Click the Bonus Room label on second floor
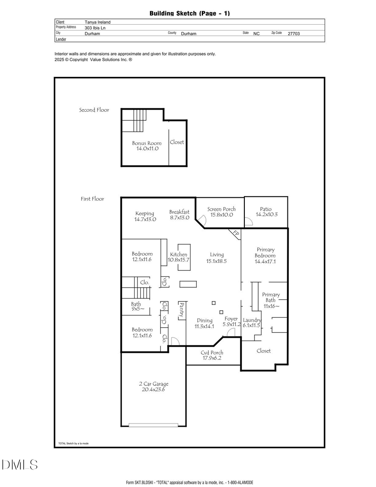147,143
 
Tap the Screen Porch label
221,209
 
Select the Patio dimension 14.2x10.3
266,214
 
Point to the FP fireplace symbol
235,234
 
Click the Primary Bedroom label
265,252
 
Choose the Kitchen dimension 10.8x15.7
178,260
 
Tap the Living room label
217,255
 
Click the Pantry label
182,310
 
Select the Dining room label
205,321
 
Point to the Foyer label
231,319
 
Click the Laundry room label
252,320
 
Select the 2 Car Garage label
154,384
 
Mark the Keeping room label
145,214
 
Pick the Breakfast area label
179,212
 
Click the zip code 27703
293,33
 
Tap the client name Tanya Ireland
97,22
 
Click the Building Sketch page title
189,13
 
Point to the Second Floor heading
94,110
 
